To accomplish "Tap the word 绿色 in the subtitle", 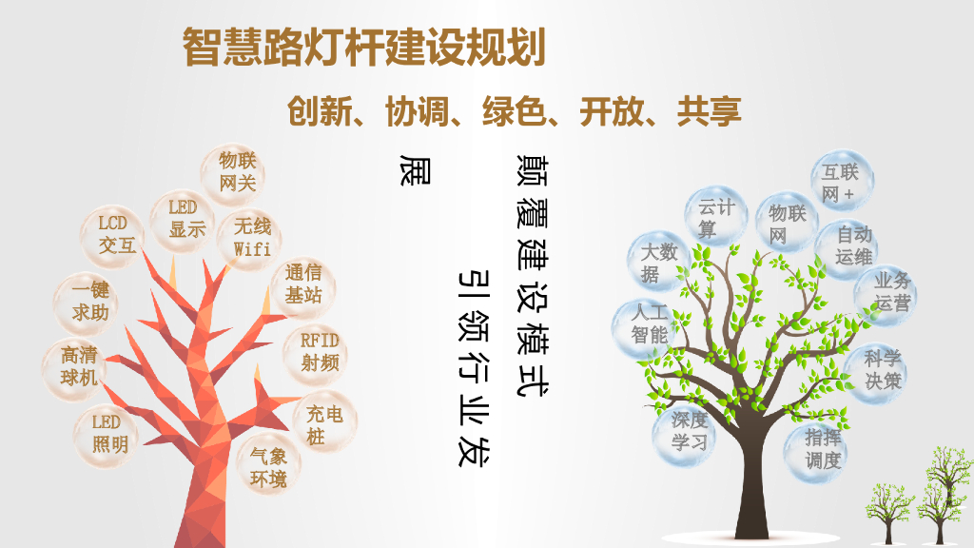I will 515,112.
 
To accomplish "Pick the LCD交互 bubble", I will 119,234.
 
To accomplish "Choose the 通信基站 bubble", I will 304,284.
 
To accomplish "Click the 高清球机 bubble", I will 78,365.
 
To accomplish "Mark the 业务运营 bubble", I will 890,291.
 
